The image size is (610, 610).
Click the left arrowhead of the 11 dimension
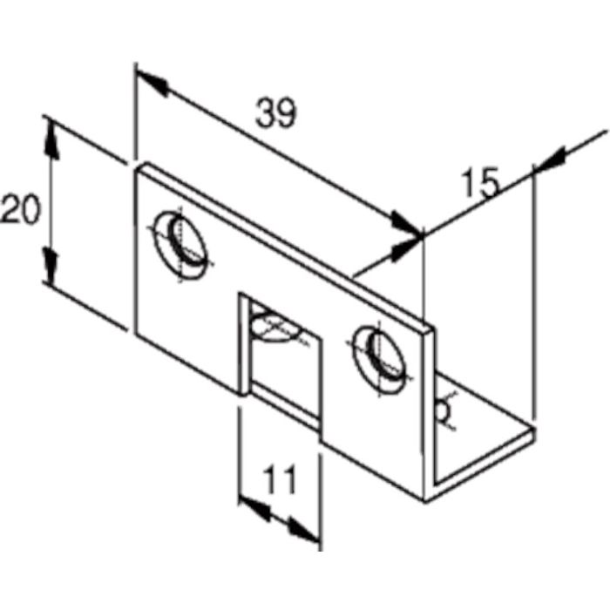coord(250,506)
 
